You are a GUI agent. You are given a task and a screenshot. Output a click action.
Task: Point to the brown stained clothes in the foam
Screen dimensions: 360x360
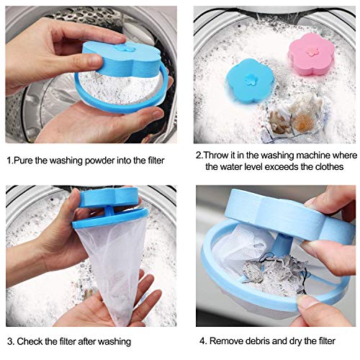point(296,114)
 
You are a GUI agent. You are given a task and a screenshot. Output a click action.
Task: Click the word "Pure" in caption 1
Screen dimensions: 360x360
point(24,161)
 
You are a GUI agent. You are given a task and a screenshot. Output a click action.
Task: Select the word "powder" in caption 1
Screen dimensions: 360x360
point(99,161)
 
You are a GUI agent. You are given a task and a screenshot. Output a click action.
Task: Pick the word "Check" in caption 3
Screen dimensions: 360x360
point(29,341)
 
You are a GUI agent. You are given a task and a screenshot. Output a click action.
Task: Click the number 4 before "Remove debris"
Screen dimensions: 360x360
point(202,341)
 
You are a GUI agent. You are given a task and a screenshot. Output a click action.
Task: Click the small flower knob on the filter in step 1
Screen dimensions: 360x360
point(125,48)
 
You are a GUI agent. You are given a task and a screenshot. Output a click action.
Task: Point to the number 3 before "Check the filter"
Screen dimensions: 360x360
point(10,341)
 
